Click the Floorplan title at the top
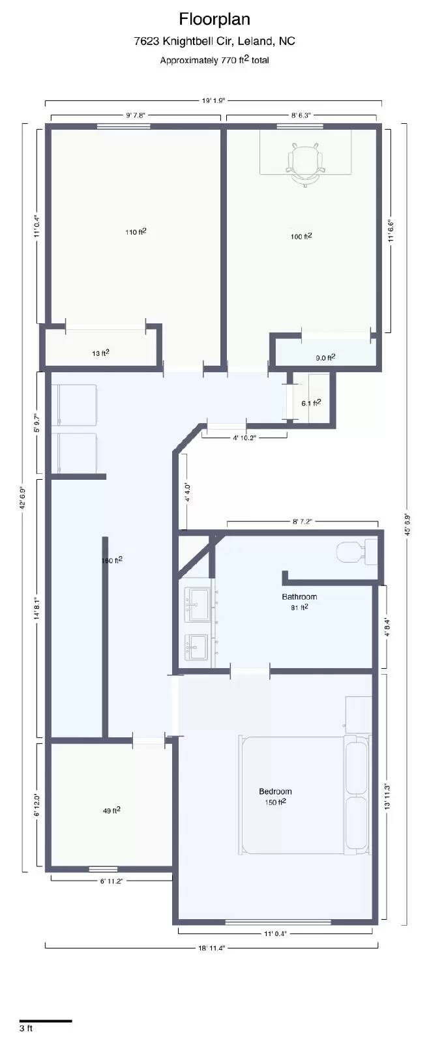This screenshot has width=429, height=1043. (214, 19)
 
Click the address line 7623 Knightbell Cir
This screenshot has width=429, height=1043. (214, 41)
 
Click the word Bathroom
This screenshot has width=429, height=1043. (299, 596)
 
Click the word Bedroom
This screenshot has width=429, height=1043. (275, 791)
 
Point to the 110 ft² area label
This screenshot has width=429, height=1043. (136, 232)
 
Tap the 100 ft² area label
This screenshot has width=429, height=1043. (301, 236)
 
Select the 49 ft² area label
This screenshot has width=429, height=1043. (111, 811)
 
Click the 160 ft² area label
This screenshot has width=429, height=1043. (112, 561)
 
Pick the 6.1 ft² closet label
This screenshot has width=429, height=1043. (310, 403)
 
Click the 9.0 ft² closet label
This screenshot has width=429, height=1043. (325, 357)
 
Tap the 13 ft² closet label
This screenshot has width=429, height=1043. (100, 353)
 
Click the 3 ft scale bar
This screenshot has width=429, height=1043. (46, 1020)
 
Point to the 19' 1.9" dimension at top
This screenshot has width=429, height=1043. (213, 100)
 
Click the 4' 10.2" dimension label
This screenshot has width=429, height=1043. (244, 438)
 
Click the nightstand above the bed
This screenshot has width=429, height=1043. (357, 714)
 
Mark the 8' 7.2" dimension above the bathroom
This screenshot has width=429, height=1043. (301, 521)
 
